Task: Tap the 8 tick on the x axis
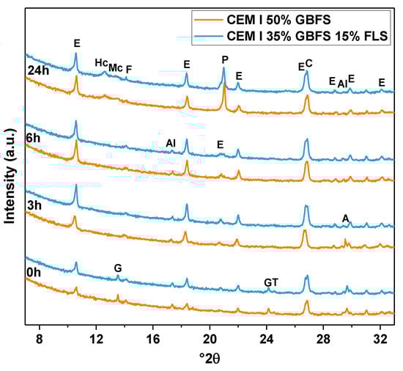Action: [40, 339]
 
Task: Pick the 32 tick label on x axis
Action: [380, 339]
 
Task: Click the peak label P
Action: [224, 58]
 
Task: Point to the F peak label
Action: [129, 70]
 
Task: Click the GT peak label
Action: [271, 282]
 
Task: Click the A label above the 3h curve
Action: [345, 218]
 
